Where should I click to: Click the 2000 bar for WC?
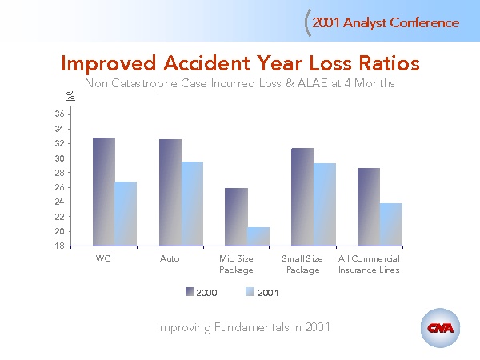tap(104, 192)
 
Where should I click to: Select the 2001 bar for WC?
tap(126, 214)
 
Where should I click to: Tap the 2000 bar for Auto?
tap(170, 193)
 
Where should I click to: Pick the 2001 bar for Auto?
tap(192, 204)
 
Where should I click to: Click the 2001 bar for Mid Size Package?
tap(258, 237)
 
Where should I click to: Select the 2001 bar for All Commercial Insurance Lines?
tap(390, 225)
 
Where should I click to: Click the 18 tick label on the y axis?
tap(59, 246)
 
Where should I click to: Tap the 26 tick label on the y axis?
tap(59, 188)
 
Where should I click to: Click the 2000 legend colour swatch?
tap(190, 293)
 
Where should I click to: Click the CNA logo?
tap(440, 329)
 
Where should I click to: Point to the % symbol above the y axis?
tap(70, 95)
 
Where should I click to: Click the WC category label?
tap(103, 259)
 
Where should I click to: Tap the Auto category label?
tap(170, 259)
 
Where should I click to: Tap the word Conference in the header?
tap(425, 22)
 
